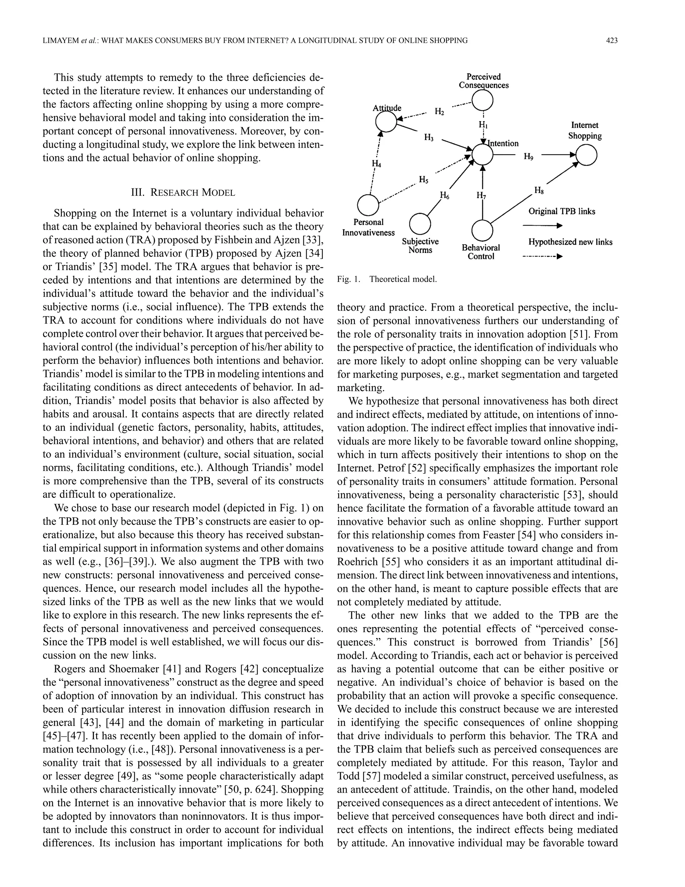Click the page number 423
click(611, 40)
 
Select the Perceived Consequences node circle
click(483, 99)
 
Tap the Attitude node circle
click(386, 122)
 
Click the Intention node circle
click(483, 155)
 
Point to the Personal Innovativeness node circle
click(368, 204)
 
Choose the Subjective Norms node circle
click(420, 223)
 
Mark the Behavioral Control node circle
click(483, 230)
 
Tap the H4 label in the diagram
click(377, 163)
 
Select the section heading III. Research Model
click(183, 192)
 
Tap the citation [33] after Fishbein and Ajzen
click(313, 240)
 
